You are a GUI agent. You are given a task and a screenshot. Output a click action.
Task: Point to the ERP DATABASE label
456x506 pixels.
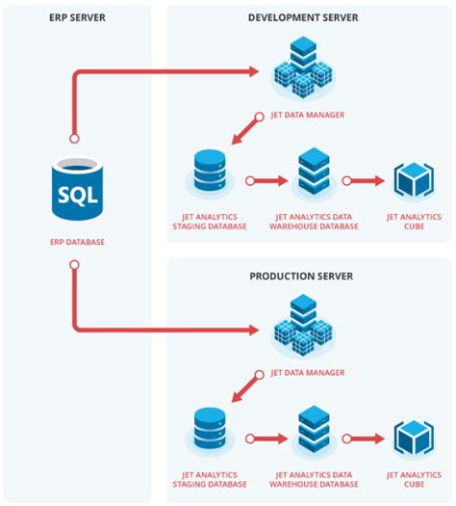76,242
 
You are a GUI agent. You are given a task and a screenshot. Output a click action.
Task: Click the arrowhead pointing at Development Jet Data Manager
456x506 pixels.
255,71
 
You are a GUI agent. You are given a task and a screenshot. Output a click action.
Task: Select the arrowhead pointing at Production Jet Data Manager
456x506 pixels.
255,330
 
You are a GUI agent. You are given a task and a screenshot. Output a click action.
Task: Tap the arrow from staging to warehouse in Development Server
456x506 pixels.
265,180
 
